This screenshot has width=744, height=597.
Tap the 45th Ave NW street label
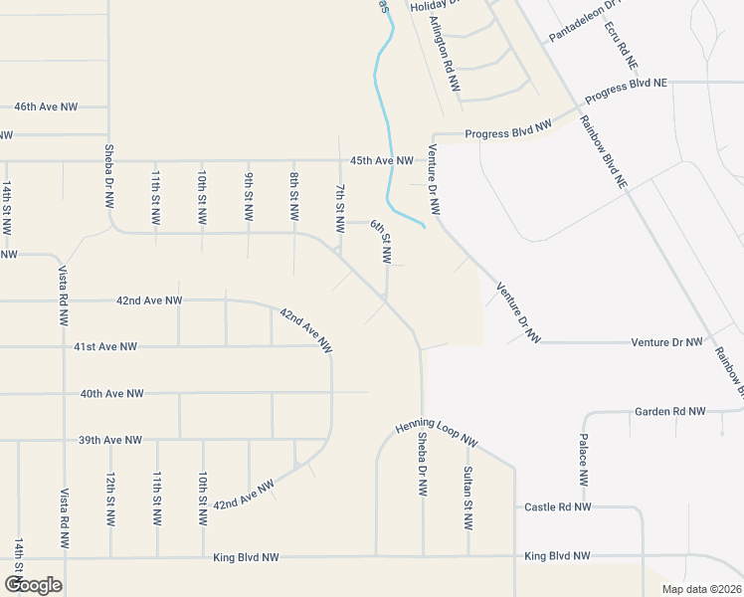click(x=381, y=160)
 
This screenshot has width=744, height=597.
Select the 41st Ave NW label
click(x=105, y=346)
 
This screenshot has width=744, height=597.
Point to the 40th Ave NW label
click(x=111, y=393)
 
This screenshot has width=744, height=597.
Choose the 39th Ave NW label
click(x=110, y=440)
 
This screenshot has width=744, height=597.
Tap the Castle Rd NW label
click(x=557, y=507)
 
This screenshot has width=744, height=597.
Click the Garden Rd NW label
click(x=669, y=411)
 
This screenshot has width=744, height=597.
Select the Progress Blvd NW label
click(x=507, y=131)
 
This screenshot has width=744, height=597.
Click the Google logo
click(x=33, y=585)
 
